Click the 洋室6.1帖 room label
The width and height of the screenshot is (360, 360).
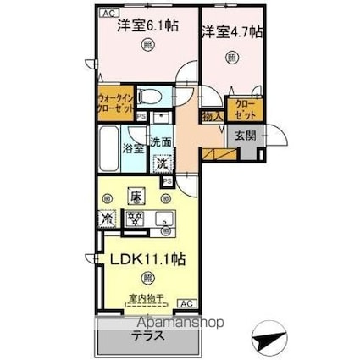(148, 25)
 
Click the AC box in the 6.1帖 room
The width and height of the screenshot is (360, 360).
(107, 14)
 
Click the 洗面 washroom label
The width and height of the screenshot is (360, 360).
(163, 142)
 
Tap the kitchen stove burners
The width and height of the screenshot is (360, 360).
(135, 218)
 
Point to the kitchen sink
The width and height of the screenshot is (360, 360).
(164, 219)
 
